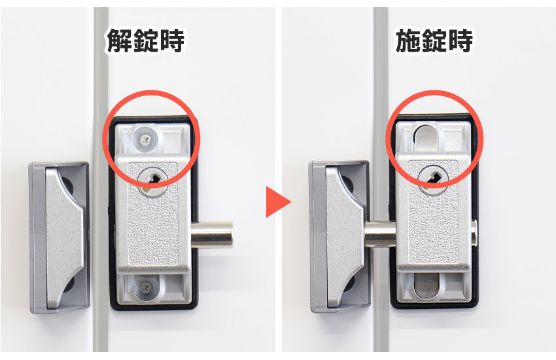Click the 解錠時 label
tap(145, 41)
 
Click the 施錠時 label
tap(434, 41)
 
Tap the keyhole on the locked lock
tap(432, 177)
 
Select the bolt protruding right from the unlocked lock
tap(212, 234)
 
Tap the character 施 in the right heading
tap(408, 41)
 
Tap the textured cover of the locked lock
tap(433, 223)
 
